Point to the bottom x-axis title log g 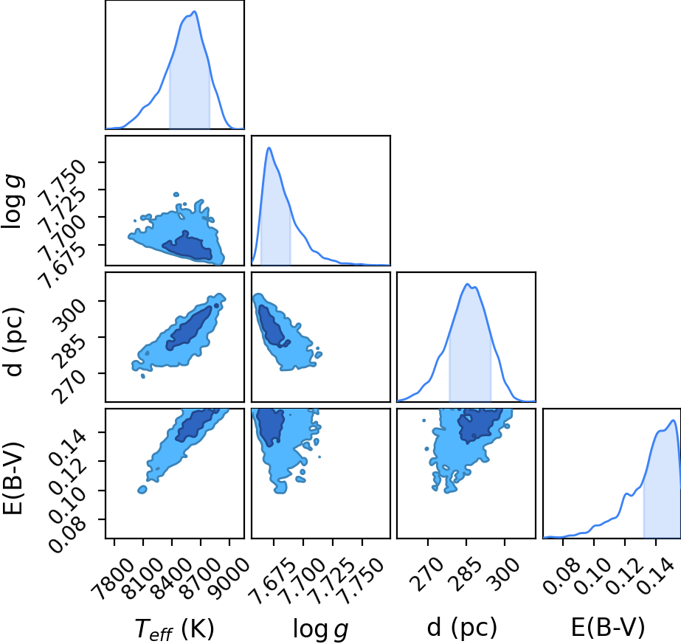(x=321, y=629)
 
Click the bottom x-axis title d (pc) (x=462, y=628)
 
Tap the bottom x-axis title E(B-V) (x=608, y=628)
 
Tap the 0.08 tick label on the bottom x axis (x=561, y=575)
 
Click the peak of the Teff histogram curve (x=196, y=11)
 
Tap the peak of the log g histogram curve (x=269, y=148)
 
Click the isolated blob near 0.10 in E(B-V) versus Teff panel (x=142, y=490)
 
